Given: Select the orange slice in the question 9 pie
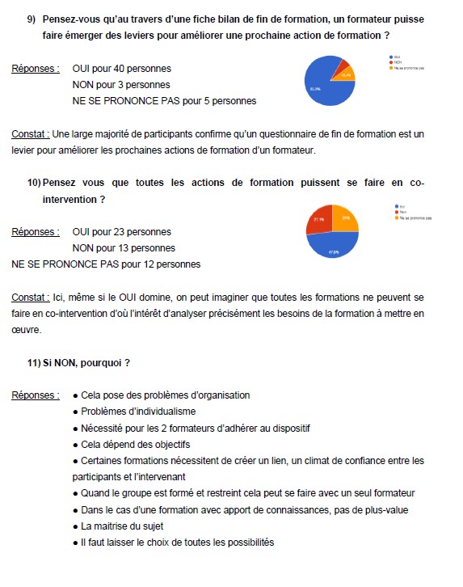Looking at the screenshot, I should tap(346, 74).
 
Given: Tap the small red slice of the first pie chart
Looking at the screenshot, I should tap(343, 65).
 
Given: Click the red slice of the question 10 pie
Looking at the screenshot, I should tap(319, 221).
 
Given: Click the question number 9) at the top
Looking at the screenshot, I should tap(32, 18).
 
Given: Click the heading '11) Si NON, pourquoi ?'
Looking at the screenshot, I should tap(78, 362).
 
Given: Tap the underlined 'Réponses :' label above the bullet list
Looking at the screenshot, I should tap(35, 395).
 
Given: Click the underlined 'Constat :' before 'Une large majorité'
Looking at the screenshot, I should tap(30, 133).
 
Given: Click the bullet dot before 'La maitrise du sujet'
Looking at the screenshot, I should tap(75, 526).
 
